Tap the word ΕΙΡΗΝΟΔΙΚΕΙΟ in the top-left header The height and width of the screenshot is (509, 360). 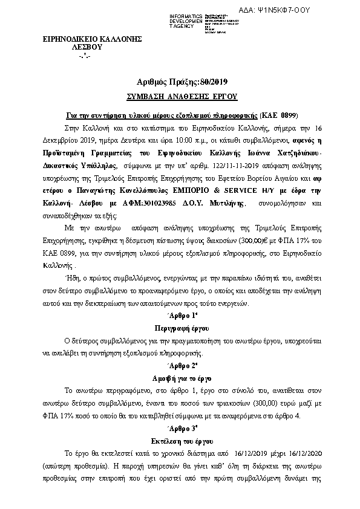point(65,38)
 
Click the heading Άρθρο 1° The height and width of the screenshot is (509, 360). point(181,316)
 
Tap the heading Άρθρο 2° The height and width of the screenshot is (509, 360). point(181,366)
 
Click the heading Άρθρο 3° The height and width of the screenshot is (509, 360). point(181,430)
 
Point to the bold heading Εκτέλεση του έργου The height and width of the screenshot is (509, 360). point(181,441)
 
